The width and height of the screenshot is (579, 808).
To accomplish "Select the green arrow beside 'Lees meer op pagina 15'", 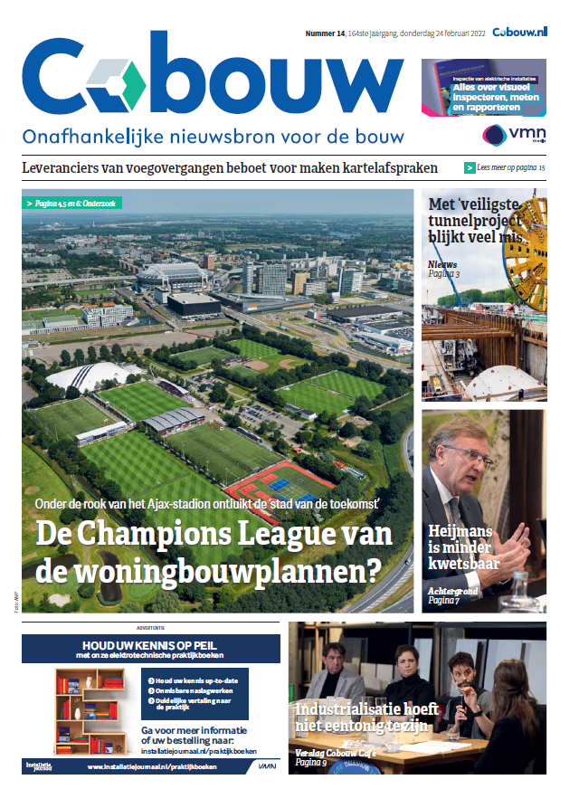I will [x=470, y=167].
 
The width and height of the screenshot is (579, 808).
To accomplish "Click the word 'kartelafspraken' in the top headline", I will [x=382, y=167].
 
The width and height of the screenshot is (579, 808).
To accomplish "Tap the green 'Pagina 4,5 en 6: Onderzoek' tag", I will [x=74, y=203].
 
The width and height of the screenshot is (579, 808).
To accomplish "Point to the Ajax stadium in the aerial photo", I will [x=177, y=276].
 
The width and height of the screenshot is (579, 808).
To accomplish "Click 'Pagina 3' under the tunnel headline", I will [x=444, y=273].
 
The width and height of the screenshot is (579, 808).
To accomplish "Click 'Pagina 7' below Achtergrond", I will [x=443, y=600].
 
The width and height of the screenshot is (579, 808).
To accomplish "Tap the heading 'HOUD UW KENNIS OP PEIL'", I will [x=150, y=644].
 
